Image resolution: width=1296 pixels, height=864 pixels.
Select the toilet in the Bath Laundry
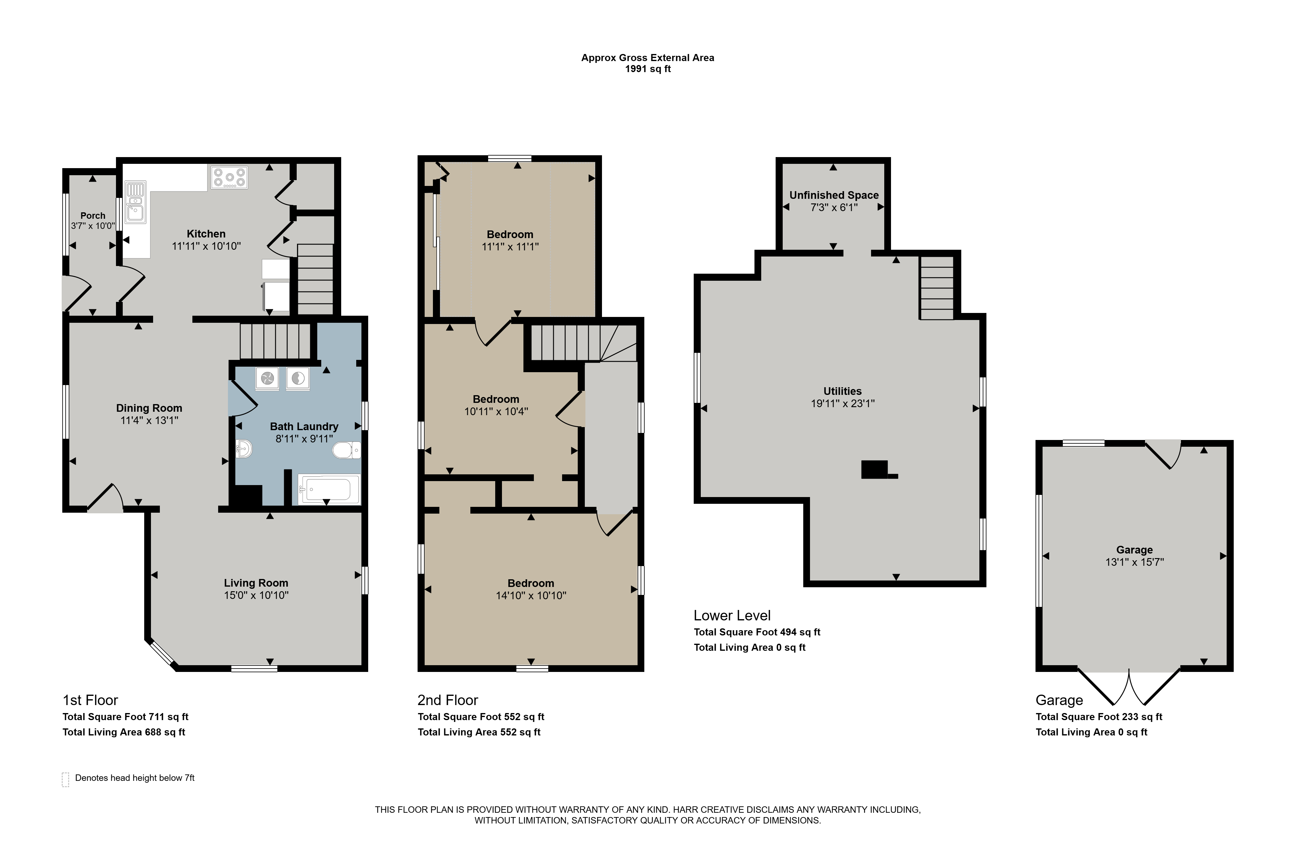click(347, 450)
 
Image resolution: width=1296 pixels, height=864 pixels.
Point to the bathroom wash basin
click(244, 449)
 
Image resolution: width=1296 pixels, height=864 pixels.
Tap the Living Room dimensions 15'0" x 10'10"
click(256, 595)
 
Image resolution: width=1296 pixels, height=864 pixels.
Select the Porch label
click(93, 215)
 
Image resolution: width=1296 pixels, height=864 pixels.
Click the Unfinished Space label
click(834, 195)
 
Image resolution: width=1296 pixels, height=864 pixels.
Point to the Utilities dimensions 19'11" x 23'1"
click(843, 403)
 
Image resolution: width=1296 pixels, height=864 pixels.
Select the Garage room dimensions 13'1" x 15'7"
click(1135, 562)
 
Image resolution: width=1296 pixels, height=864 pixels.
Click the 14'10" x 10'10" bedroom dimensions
click(531, 595)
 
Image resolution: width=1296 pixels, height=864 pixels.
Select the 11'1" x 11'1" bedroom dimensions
click(510, 247)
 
